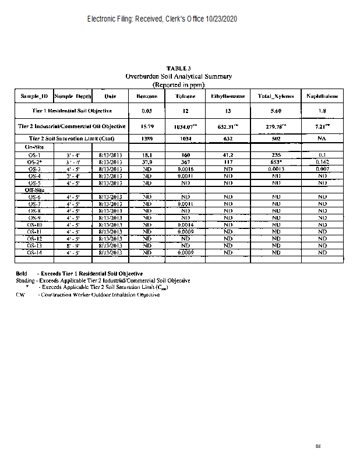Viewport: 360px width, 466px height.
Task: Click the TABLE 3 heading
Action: pyautogui.click(x=179, y=69)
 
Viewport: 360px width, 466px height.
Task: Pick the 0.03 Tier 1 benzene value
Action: pyautogui.click(x=147, y=111)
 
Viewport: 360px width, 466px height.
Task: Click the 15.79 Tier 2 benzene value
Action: pyautogui.click(x=147, y=126)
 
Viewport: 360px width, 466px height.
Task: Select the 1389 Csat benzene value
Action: pyautogui.click(x=147, y=139)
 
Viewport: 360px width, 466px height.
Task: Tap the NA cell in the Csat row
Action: pyautogui.click(x=322, y=139)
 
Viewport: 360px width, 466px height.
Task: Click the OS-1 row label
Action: pyautogui.click(x=34, y=155)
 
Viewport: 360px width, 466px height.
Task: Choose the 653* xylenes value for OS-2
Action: pyautogui.click(x=276, y=162)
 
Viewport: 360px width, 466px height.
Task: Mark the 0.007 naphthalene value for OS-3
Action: pyautogui.click(x=322, y=169)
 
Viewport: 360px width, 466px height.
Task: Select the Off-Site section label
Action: pyautogui.click(x=34, y=190)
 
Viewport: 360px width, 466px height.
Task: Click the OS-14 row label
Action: pyautogui.click(x=34, y=253)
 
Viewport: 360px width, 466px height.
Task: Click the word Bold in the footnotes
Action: pyautogui.click(x=22, y=274)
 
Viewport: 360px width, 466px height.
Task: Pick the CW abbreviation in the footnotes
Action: pyautogui.click(x=20, y=295)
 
